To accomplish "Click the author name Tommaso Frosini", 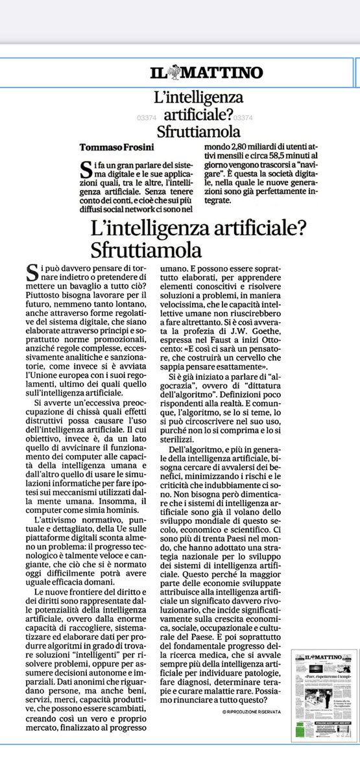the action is click(115, 145).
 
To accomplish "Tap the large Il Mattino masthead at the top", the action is click(199, 72).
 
